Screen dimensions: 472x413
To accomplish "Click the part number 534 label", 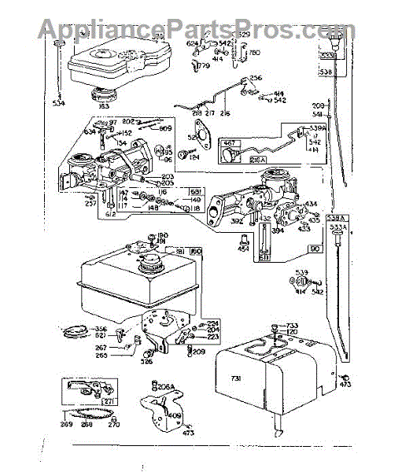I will point(60,102).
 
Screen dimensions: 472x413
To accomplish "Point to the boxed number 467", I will point(230,143).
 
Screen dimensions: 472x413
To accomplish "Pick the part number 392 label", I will point(237,223).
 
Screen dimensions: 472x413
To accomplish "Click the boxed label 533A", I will point(338,227).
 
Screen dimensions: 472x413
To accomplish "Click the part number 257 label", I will point(69,202).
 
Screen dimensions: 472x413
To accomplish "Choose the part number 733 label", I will point(292,326).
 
